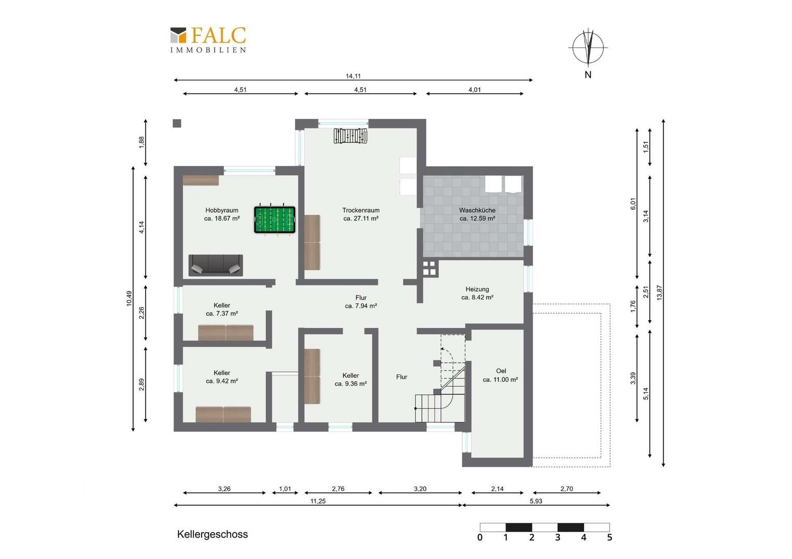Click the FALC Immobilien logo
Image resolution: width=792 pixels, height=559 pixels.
[208, 40]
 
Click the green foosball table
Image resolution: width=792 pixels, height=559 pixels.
[275, 219]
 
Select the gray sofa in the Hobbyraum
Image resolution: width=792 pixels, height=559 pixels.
[216, 265]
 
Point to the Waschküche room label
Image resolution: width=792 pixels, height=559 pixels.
[477, 214]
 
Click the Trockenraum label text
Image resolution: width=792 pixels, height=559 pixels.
[361, 214]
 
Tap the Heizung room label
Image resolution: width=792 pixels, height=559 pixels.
[477, 293]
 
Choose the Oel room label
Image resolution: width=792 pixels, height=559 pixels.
[500, 375]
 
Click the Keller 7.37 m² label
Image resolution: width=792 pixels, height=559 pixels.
[222, 310]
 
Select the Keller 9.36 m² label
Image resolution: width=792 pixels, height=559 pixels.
[350, 379]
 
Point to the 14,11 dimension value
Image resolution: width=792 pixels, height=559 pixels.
[353, 76]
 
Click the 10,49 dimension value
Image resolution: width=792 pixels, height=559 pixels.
[129, 299]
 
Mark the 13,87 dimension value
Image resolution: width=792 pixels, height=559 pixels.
[659, 293]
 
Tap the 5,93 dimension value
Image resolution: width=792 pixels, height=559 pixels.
[535, 501]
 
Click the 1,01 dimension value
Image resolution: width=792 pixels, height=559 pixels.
[285, 489]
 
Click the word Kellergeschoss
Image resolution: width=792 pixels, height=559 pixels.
[213, 534]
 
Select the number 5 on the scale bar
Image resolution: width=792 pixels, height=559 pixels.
[610, 537]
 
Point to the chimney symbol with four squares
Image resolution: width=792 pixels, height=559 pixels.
[429, 268]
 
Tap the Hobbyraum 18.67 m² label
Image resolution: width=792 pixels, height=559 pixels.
[222, 214]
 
